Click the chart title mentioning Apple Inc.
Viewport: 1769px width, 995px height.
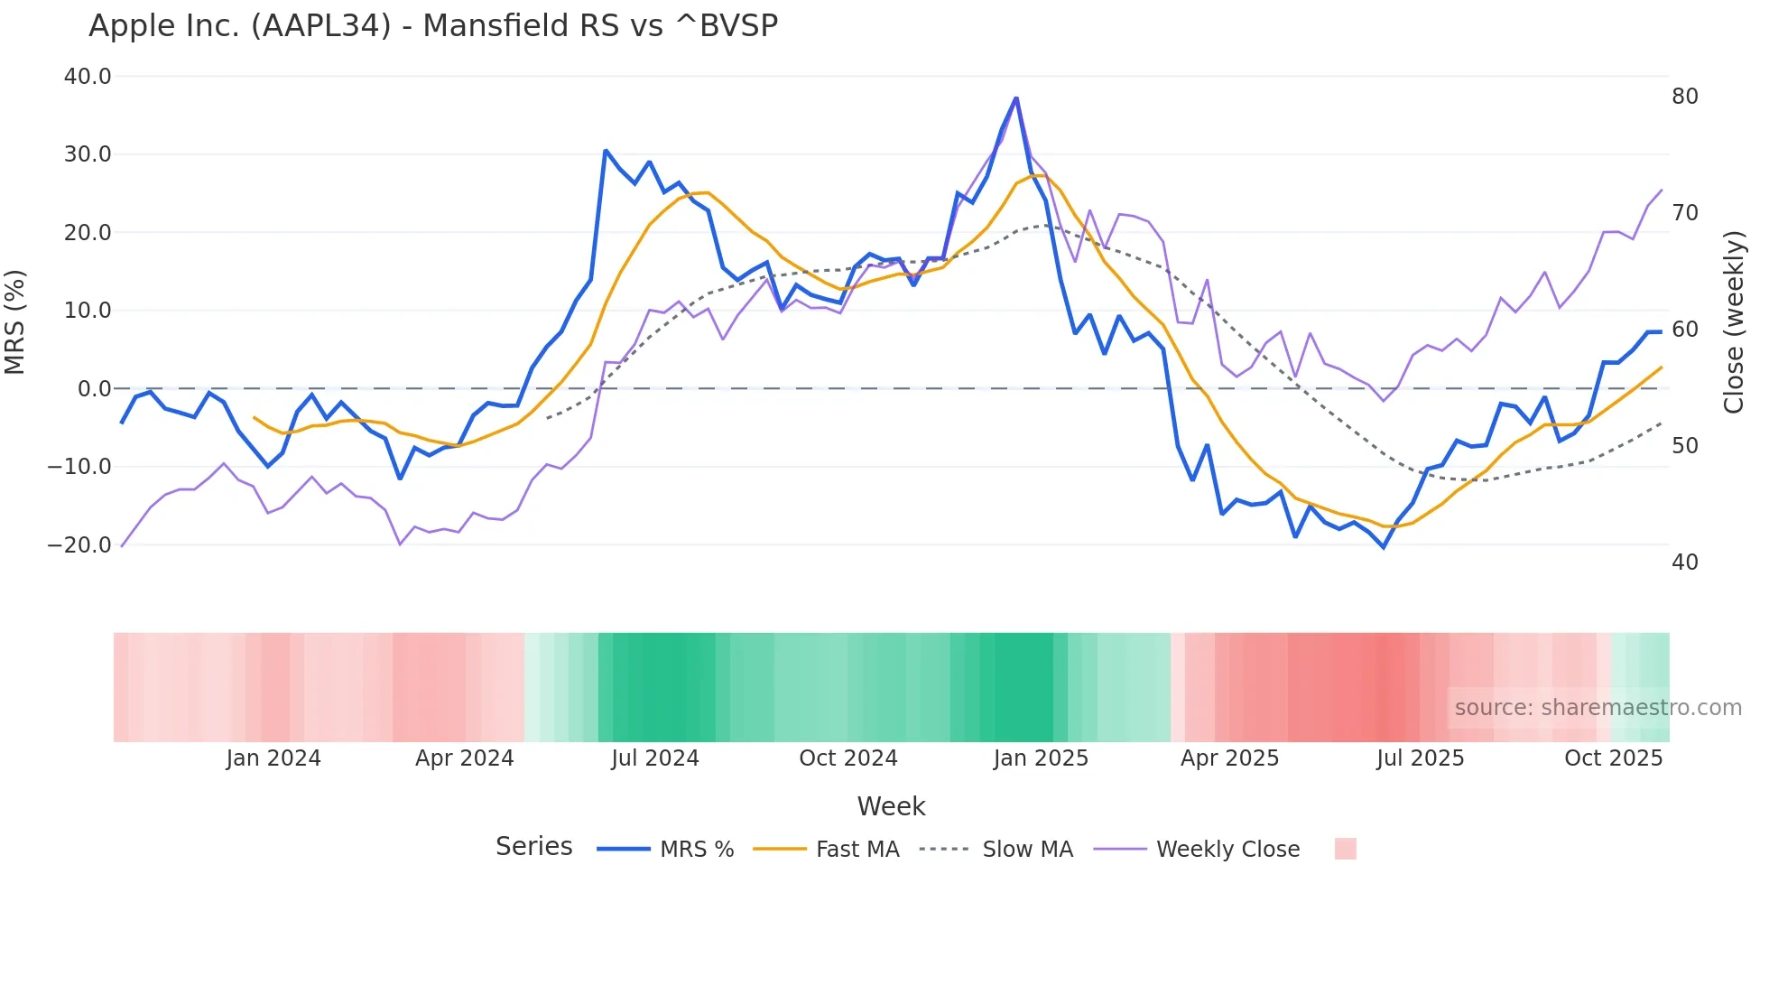pos(433,25)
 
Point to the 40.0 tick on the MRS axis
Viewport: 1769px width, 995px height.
pos(88,77)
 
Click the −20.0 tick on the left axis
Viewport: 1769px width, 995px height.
pos(80,545)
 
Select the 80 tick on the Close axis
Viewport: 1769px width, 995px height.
pos(1684,97)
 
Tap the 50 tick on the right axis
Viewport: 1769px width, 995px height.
pos(1684,446)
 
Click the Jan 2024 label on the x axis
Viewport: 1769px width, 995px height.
pos(273,758)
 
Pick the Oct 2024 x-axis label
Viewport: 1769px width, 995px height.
pos(847,758)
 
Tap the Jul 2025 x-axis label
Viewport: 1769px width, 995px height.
pos(1420,758)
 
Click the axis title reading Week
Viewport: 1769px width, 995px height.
pos(891,806)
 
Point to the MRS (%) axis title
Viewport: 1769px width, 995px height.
pos(15,322)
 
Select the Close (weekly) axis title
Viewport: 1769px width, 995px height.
pos(1733,322)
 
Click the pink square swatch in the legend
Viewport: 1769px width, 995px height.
pos(1345,849)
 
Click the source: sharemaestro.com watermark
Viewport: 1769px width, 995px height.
pos(1598,708)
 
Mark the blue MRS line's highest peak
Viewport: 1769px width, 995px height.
pos(1016,98)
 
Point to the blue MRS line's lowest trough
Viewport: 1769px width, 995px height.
pos(1383,547)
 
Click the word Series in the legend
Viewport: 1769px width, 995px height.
pos(533,847)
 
